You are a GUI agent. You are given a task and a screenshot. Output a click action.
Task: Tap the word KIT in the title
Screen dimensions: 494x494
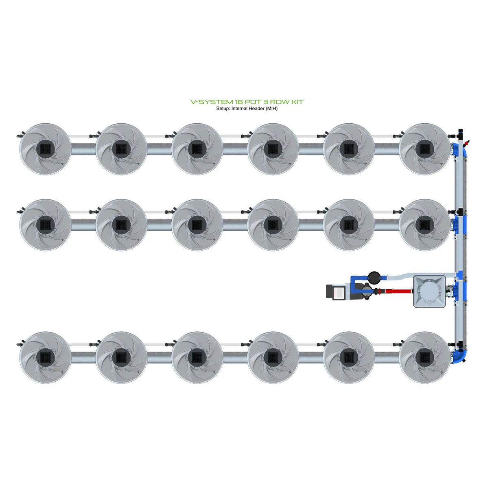(296, 102)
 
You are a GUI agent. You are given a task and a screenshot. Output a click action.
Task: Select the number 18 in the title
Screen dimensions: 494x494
(240, 102)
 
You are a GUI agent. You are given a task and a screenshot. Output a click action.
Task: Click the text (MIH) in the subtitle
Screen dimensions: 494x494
(271, 109)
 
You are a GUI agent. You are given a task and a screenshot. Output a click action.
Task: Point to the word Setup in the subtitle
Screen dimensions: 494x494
(223, 109)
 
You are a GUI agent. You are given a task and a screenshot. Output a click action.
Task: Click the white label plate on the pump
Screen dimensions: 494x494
(339, 292)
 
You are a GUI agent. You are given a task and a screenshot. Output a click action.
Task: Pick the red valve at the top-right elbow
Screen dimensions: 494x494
(467, 143)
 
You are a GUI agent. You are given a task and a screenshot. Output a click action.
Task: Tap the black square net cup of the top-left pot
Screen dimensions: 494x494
(45, 149)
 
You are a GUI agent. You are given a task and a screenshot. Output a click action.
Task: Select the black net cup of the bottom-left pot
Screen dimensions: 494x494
(45, 357)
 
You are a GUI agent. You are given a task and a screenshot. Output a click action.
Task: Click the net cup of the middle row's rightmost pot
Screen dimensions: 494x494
(424, 224)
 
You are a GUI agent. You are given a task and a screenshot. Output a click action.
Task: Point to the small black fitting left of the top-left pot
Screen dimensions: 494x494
(19, 136)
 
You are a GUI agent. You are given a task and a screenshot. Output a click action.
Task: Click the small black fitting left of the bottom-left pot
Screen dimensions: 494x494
(19, 344)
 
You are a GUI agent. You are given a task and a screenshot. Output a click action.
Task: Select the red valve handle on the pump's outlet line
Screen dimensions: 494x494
(378, 291)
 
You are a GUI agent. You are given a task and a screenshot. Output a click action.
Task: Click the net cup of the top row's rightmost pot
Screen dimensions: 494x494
(424, 149)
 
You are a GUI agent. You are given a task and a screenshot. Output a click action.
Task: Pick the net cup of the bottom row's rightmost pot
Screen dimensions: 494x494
(424, 357)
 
